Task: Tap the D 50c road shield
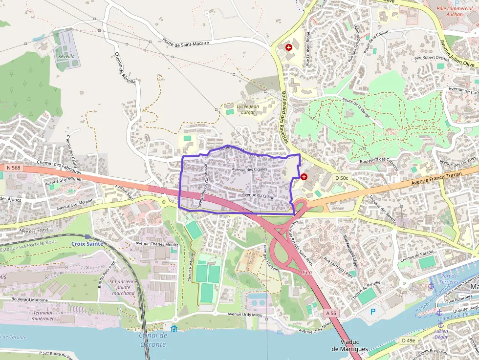(341, 178)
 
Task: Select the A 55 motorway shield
(331, 313)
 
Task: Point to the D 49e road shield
(408, 340)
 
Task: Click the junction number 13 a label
(306, 272)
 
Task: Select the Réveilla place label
(66, 56)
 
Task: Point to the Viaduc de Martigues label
(349, 345)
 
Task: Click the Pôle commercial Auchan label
(455, 11)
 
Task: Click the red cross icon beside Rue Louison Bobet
(289, 47)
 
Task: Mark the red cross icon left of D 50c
(304, 176)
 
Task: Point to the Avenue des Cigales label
(249, 169)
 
